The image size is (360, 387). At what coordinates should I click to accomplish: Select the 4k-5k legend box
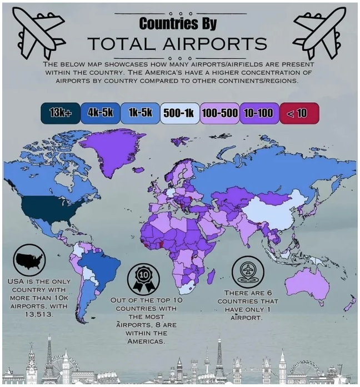[100, 113]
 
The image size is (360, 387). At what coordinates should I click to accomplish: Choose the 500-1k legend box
[178, 113]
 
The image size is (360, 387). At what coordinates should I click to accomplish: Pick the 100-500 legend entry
[219, 113]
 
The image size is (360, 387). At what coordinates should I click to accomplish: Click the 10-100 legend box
[258, 113]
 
